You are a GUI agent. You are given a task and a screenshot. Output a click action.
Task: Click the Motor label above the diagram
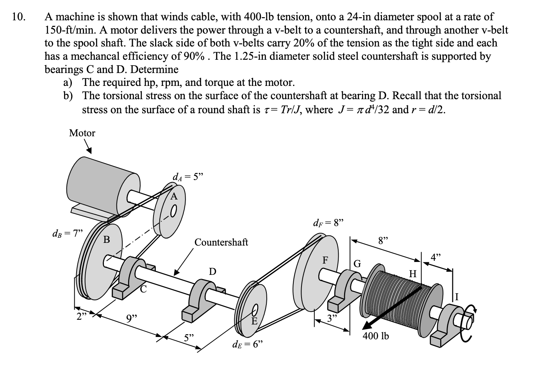pos(82,133)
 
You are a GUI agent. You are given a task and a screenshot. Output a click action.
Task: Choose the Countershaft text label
pos(221,242)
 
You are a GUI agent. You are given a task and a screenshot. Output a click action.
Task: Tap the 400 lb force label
pos(376,336)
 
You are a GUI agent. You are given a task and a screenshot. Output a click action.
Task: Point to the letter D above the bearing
pos(212,271)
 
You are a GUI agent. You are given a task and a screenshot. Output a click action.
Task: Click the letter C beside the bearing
pos(144,289)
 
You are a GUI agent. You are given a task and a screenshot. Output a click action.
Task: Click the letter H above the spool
pos(412,273)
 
